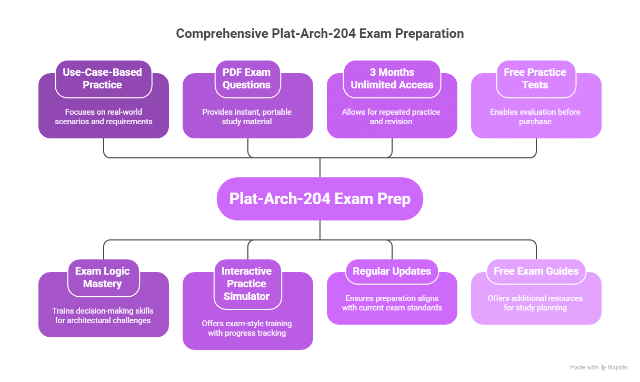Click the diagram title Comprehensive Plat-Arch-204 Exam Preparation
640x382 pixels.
point(320,34)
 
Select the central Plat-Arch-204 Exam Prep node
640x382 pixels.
point(320,199)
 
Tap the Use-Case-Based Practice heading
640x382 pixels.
point(103,78)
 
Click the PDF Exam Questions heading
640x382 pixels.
point(247,78)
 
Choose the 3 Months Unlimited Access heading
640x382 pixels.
point(392,78)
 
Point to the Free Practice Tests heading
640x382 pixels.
point(535,78)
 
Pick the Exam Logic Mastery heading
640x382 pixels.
point(103,277)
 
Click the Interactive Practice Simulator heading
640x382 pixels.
point(247,284)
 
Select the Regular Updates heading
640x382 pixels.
point(392,271)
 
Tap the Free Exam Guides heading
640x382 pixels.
point(536,271)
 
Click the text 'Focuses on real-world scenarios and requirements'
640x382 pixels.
point(104,117)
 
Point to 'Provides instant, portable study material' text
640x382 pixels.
point(247,117)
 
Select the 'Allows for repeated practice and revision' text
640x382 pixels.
point(391,117)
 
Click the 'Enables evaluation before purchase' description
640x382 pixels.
point(535,117)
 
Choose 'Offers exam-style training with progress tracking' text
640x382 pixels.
point(247,328)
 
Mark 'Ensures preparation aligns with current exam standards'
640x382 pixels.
point(392,303)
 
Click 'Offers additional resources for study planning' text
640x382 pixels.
point(535,303)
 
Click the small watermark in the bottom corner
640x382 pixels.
point(598,368)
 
